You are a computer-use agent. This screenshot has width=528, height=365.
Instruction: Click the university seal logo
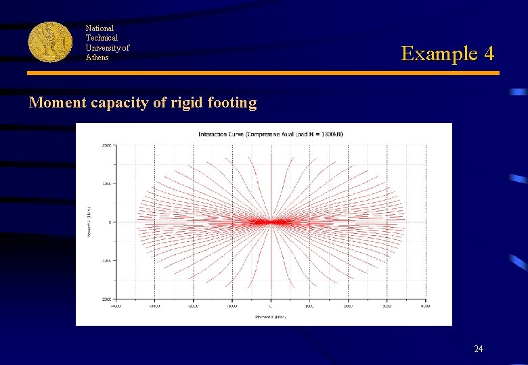pyautogui.click(x=50, y=42)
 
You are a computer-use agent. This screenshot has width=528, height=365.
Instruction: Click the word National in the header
pyautogui.click(x=100, y=28)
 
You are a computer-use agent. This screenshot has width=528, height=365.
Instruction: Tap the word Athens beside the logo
pyautogui.click(x=97, y=57)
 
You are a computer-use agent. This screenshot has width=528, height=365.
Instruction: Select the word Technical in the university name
pyautogui.click(x=102, y=38)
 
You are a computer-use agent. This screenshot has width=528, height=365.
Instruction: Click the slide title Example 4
pyautogui.click(x=447, y=53)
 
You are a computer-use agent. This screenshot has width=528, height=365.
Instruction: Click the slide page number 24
pyautogui.click(x=479, y=349)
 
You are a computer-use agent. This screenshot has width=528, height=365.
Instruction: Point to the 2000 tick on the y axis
pyautogui.click(x=107, y=145)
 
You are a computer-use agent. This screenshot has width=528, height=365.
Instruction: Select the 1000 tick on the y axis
pyautogui.click(x=107, y=184)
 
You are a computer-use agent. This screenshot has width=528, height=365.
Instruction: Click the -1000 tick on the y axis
pyautogui.click(x=106, y=260)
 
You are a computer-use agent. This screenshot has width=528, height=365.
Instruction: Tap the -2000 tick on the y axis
pyautogui.click(x=106, y=298)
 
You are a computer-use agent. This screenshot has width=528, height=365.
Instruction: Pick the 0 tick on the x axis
pyautogui.click(x=271, y=306)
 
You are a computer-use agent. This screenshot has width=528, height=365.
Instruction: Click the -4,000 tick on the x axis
pyautogui.click(x=116, y=306)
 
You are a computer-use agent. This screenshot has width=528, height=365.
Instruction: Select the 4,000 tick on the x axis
pyautogui.click(x=425, y=306)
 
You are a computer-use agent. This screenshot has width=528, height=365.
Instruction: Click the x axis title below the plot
pyautogui.click(x=271, y=316)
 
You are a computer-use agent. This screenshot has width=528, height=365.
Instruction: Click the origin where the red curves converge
pyautogui.click(x=271, y=222)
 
